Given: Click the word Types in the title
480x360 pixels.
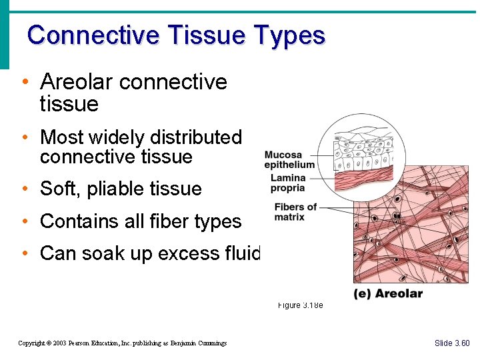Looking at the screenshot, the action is pyautogui.click(x=290, y=36).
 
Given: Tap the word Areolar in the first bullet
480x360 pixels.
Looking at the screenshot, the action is pyautogui.click(x=77, y=82).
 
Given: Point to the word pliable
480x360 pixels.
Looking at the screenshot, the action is pyautogui.click(x=117, y=189).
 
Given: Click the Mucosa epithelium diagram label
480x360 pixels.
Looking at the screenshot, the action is pyautogui.click(x=289, y=160).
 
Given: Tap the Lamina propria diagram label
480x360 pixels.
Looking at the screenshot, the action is pyautogui.click(x=288, y=183).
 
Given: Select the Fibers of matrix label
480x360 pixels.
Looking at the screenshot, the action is pyautogui.click(x=294, y=212).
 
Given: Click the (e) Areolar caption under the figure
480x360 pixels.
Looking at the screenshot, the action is pyautogui.click(x=387, y=294).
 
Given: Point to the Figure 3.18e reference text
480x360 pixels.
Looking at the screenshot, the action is pyautogui.click(x=300, y=305).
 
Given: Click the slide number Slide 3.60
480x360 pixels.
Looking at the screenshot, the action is pyautogui.click(x=452, y=343).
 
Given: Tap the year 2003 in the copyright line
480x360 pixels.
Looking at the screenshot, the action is pyautogui.click(x=61, y=343).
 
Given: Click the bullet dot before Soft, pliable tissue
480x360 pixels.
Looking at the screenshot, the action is pyautogui.click(x=24, y=189).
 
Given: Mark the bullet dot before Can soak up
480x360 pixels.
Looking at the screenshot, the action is pyautogui.click(x=24, y=254).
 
